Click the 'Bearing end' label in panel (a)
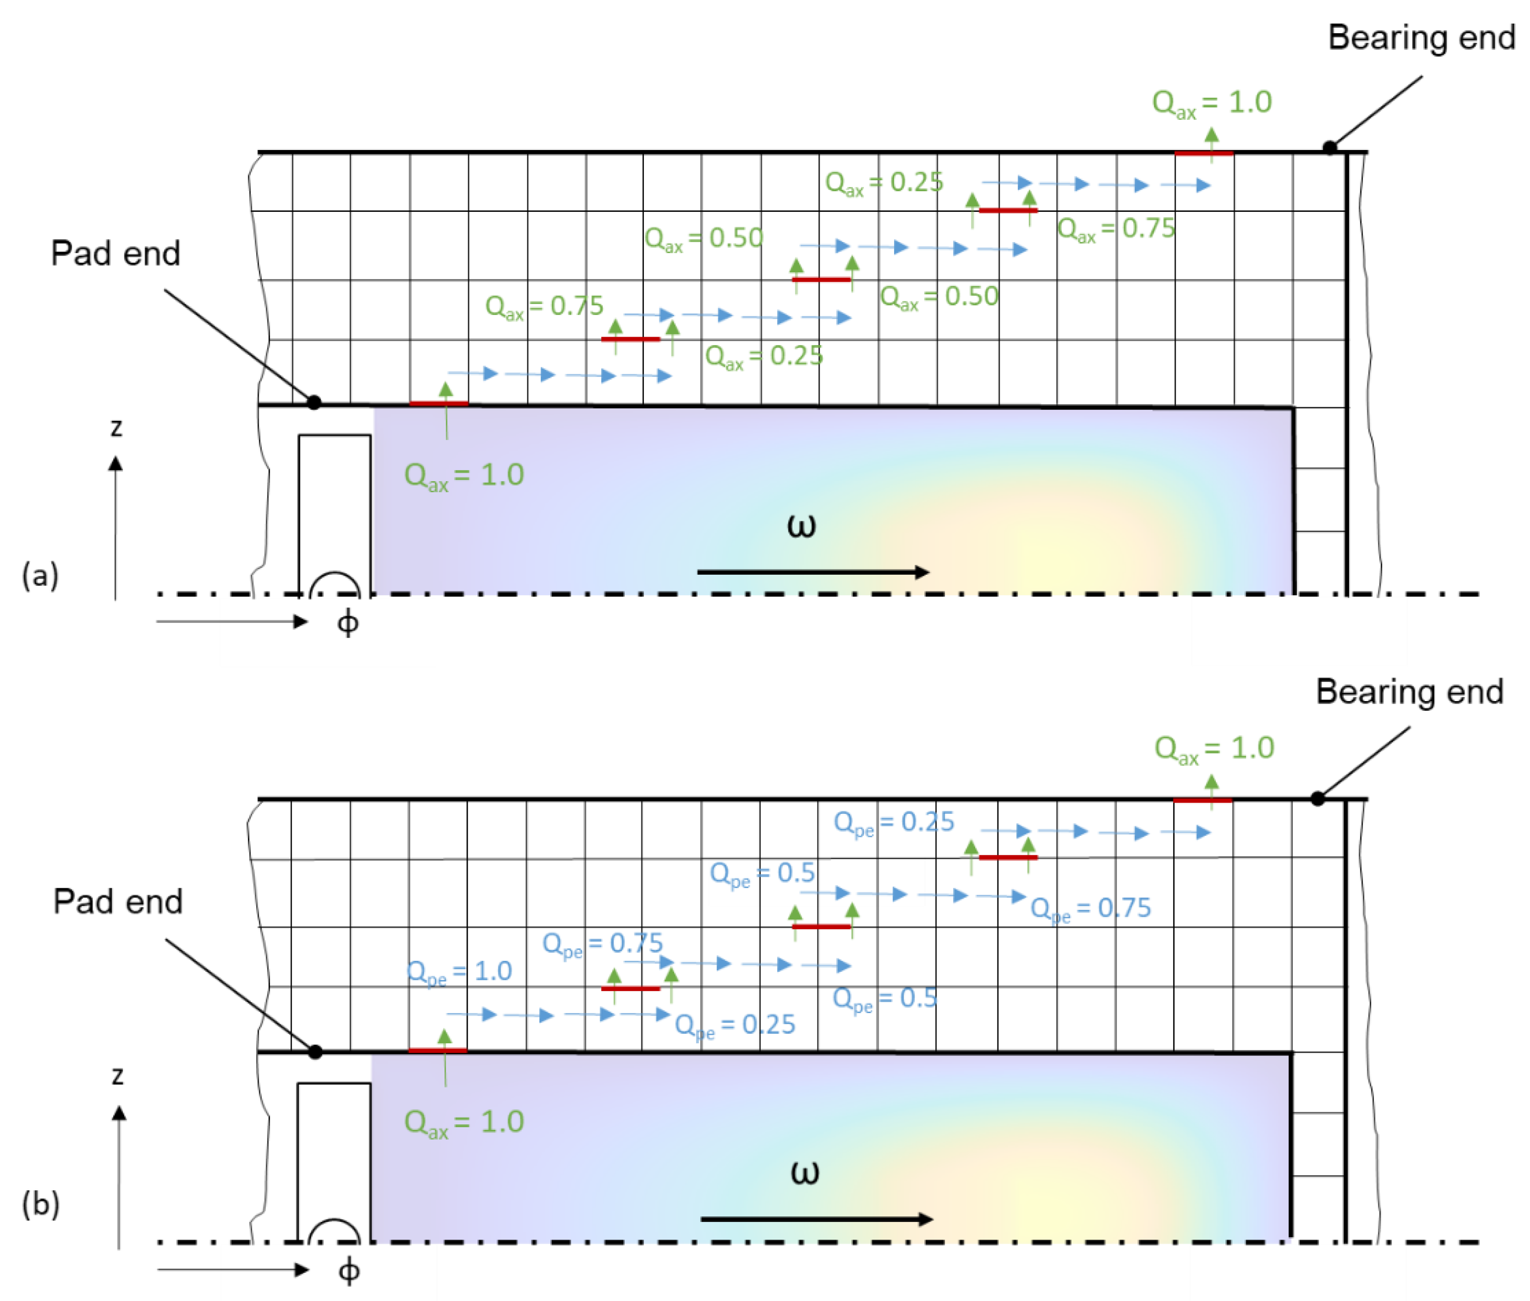tap(1421, 38)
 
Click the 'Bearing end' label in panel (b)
tap(1409, 692)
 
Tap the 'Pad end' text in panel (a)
tap(115, 253)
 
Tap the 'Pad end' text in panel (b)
tap(117, 901)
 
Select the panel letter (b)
tap(41, 1204)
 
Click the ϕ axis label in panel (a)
tap(347, 623)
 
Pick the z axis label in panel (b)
tap(117, 1076)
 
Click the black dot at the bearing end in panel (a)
tap(1329, 147)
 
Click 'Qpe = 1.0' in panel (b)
tap(459, 971)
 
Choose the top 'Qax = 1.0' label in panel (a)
tap(1211, 103)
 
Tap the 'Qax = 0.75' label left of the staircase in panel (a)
tap(544, 306)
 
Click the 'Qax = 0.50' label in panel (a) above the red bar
tap(703, 238)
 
